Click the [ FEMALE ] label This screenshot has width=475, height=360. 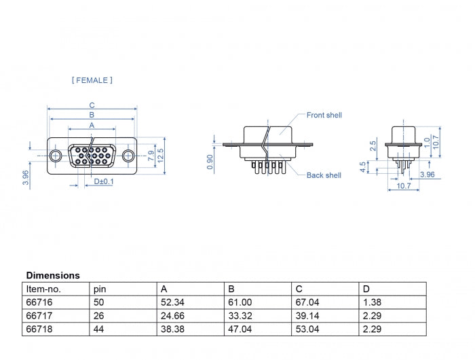(92, 80)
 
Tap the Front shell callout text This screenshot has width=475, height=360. (324, 115)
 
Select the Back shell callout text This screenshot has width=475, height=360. (324, 175)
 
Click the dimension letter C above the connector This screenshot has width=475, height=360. (92, 105)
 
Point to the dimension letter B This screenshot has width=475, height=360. (92, 115)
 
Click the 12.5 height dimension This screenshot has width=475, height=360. (161, 156)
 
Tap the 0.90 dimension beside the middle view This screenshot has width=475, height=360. (211, 162)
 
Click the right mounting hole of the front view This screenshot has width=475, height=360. (127, 156)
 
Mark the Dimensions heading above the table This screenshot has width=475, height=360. (53, 276)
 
